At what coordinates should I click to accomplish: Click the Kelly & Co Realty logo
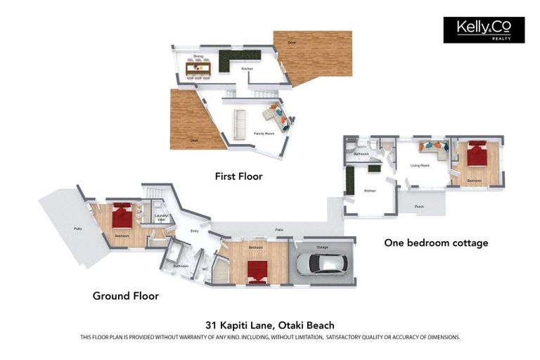click(484, 30)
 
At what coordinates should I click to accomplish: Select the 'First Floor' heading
click(238, 176)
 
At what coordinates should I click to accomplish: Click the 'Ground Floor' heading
click(126, 296)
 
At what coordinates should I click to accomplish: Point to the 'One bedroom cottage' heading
click(436, 243)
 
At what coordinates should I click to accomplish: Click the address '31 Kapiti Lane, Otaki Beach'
click(270, 325)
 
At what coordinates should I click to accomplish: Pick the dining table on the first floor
click(198, 68)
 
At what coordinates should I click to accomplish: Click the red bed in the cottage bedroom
click(477, 154)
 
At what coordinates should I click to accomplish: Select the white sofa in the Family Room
click(240, 124)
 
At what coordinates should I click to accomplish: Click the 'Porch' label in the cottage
click(419, 207)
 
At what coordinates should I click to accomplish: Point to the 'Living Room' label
click(420, 167)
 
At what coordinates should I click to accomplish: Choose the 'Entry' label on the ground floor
click(195, 231)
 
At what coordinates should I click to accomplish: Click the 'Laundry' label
click(160, 217)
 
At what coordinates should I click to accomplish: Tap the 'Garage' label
click(322, 247)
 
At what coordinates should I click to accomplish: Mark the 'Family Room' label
click(264, 133)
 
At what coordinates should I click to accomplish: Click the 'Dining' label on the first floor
click(198, 55)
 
